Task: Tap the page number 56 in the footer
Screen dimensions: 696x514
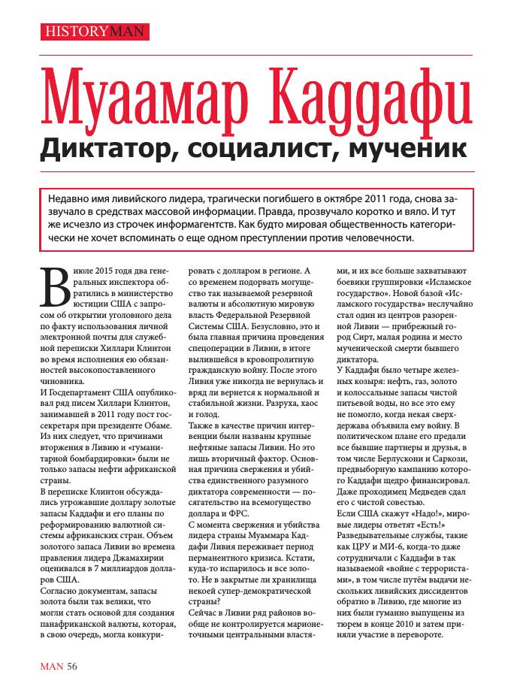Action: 71,666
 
